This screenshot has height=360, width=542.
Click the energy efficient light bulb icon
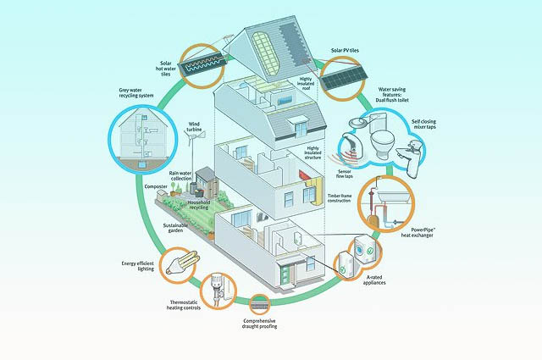coord(179,263)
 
